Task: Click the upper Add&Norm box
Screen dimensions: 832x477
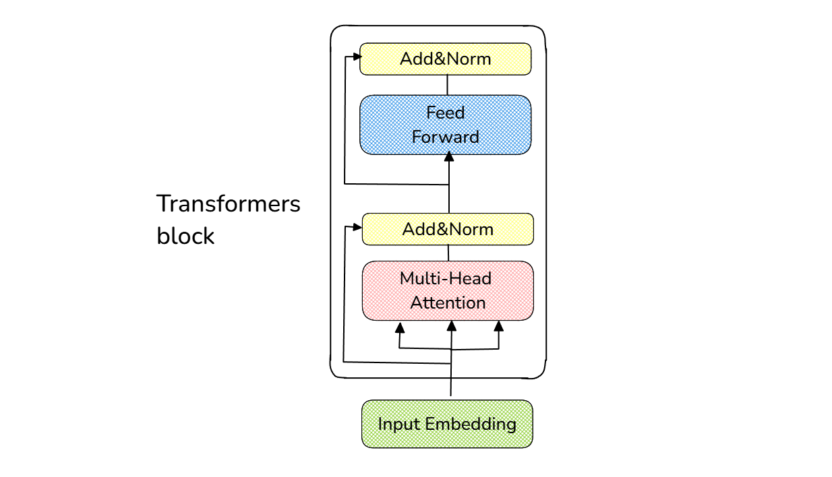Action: [x=446, y=59]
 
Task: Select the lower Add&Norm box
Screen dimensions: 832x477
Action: [x=448, y=229]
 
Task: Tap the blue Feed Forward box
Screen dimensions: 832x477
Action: [x=446, y=125]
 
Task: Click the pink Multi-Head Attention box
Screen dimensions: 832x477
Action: [x=448, y=290]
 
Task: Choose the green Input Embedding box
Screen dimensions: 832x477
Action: [x=447, y=424]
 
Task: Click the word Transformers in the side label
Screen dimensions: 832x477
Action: [x=228, y=203]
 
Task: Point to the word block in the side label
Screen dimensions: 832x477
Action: [x=185, y=236]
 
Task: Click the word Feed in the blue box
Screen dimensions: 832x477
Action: [x=446, y=113]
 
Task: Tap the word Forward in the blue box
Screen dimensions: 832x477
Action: [x=446, y=137]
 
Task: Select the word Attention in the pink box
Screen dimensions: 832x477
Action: [x=448, y=303]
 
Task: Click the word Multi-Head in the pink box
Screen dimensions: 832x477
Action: [x=446, y=278]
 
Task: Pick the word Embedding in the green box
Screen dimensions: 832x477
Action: [x=471, y=424]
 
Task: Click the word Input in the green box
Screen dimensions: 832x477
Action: [x=398, y=424]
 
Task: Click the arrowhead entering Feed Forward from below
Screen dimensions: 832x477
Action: [x=449, y=156]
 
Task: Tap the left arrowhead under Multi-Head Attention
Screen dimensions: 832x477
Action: [x=400, y=328]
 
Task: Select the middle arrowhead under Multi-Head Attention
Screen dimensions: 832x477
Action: [x=452, y=326]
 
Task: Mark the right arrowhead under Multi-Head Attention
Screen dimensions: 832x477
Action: [x=499, y=326]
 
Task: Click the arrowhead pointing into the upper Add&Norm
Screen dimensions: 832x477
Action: [x=357, y=57]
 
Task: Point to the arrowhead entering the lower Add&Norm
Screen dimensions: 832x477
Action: [x=357, y=227]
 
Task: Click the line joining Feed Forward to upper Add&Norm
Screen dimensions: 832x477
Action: [x=447, y=85]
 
